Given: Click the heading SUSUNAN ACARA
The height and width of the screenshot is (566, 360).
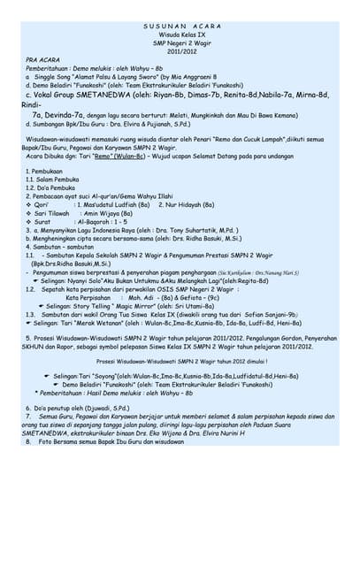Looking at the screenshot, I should tap(180, 27).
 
